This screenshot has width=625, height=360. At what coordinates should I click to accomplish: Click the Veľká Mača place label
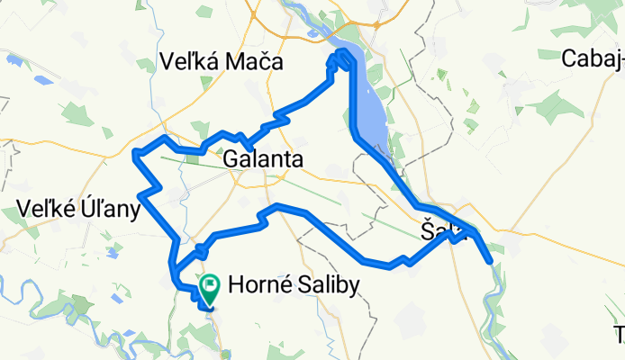tap(220, 62)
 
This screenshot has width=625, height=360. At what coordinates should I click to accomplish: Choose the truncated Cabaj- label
tap(592, 59)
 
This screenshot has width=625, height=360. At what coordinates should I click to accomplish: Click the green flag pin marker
tap(210, 288)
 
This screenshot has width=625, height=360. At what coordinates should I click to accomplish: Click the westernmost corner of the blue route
tap(134, 154)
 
